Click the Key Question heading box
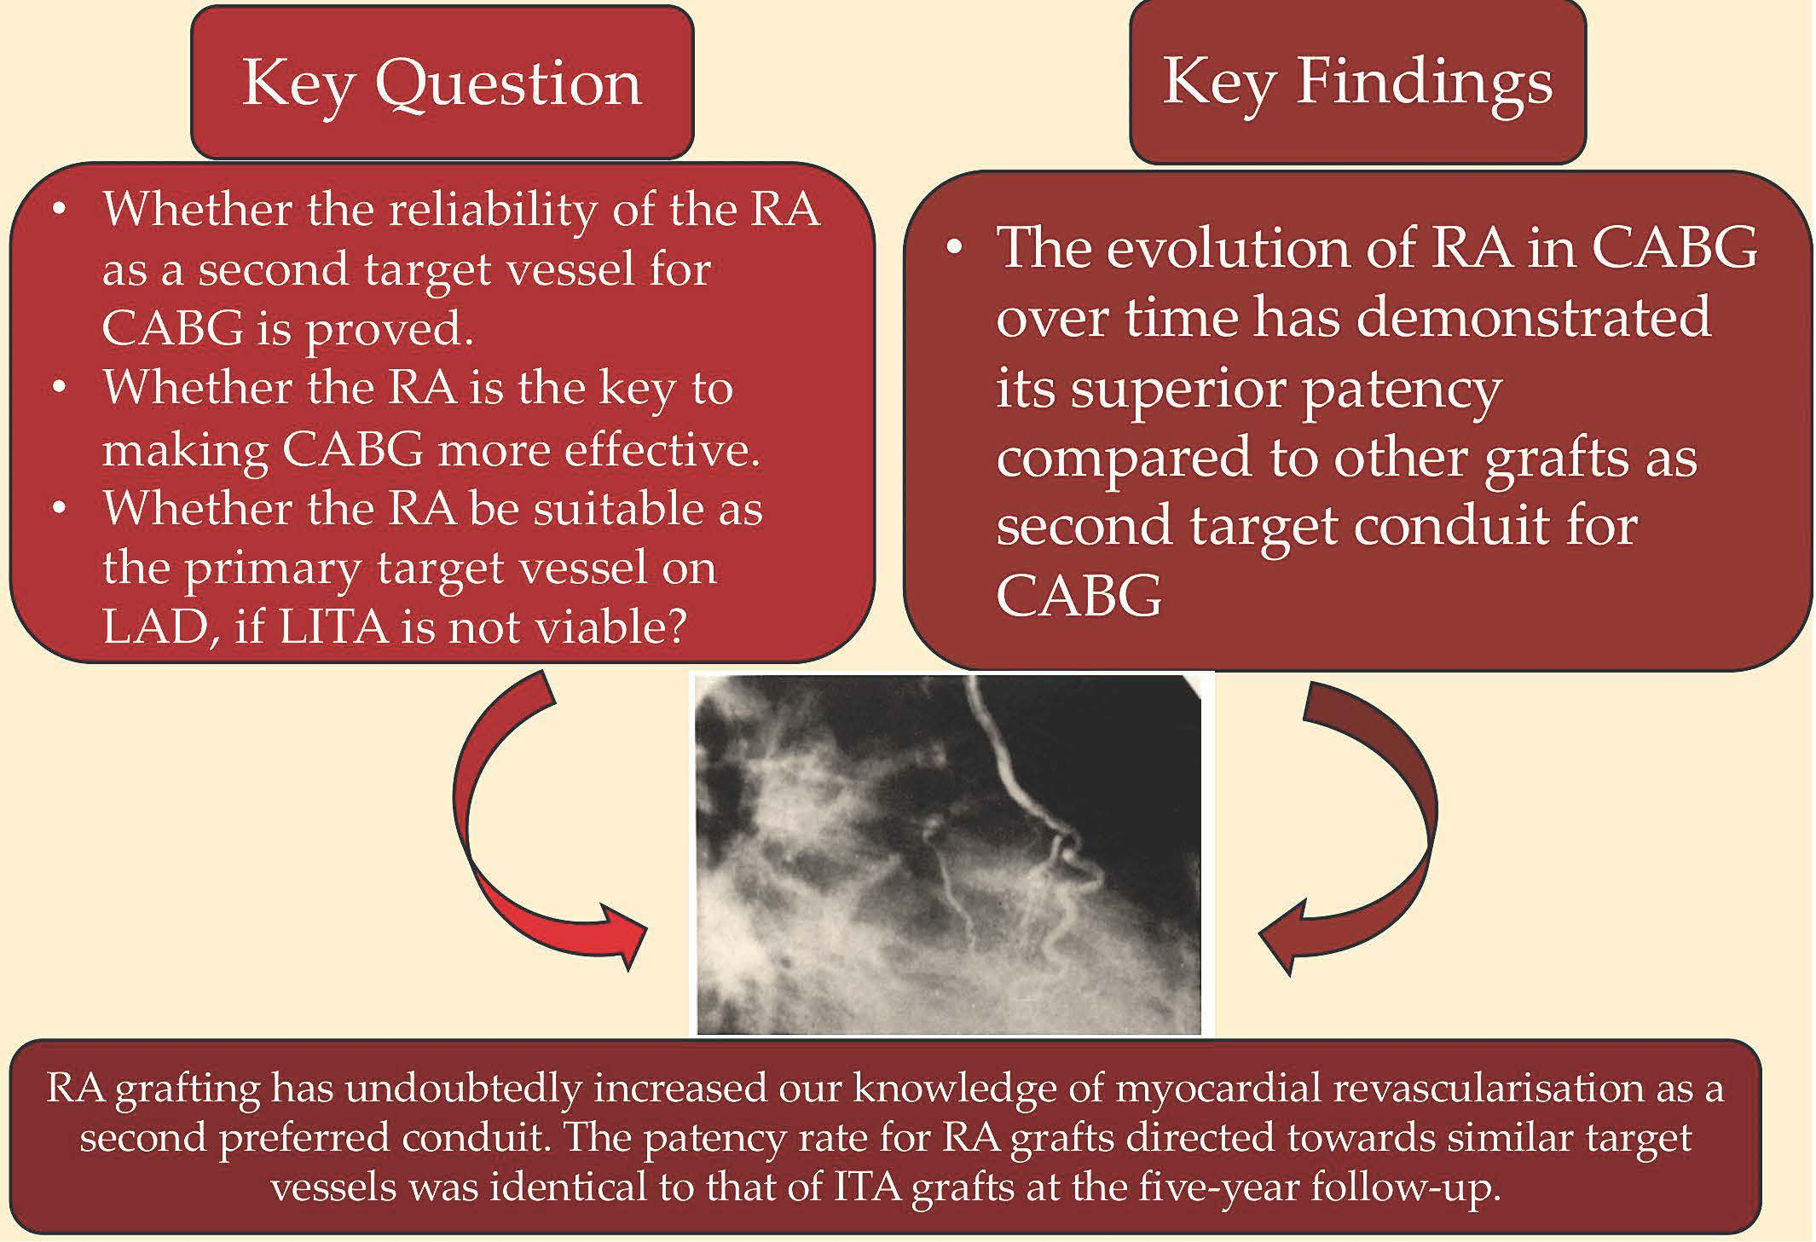[x=442, y=83]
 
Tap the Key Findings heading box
[x=1357, y=82]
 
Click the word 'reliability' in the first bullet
[x=493, y=210]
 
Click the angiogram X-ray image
[x=951, y=854]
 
